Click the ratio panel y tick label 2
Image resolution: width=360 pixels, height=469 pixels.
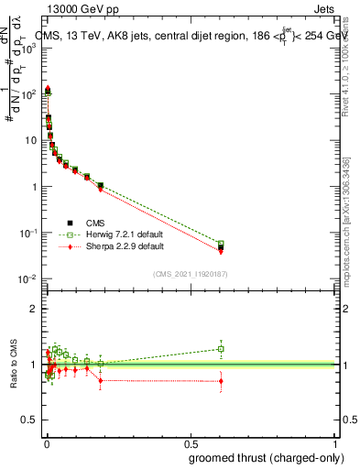click(32, 309)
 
